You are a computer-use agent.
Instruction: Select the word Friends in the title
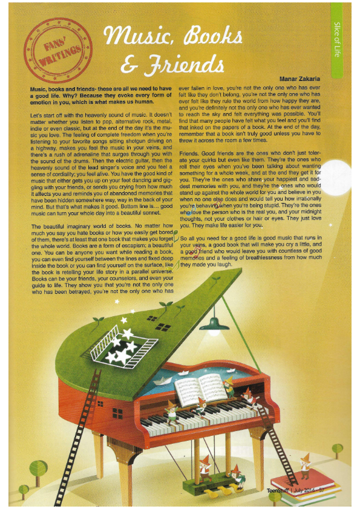179,62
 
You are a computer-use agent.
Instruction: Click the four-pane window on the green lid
162,326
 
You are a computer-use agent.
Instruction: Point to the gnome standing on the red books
305,464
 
